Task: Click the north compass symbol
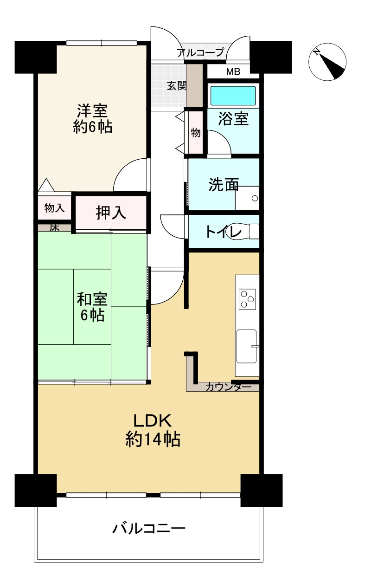coord(328,63)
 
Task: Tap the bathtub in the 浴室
coord(233,95)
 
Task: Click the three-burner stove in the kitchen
coord(247,298)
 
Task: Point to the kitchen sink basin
coord(247,346)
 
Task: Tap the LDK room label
coord(153,421)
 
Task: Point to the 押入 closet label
coord(111,213)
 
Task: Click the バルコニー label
coord(149,529)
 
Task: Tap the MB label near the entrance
coord(233,72)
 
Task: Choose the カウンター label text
coord(228,387)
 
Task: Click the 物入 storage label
coord(54,208)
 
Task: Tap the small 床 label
coord(54,227)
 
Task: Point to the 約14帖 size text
coord(153,439)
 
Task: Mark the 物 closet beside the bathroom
coord(196,133)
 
